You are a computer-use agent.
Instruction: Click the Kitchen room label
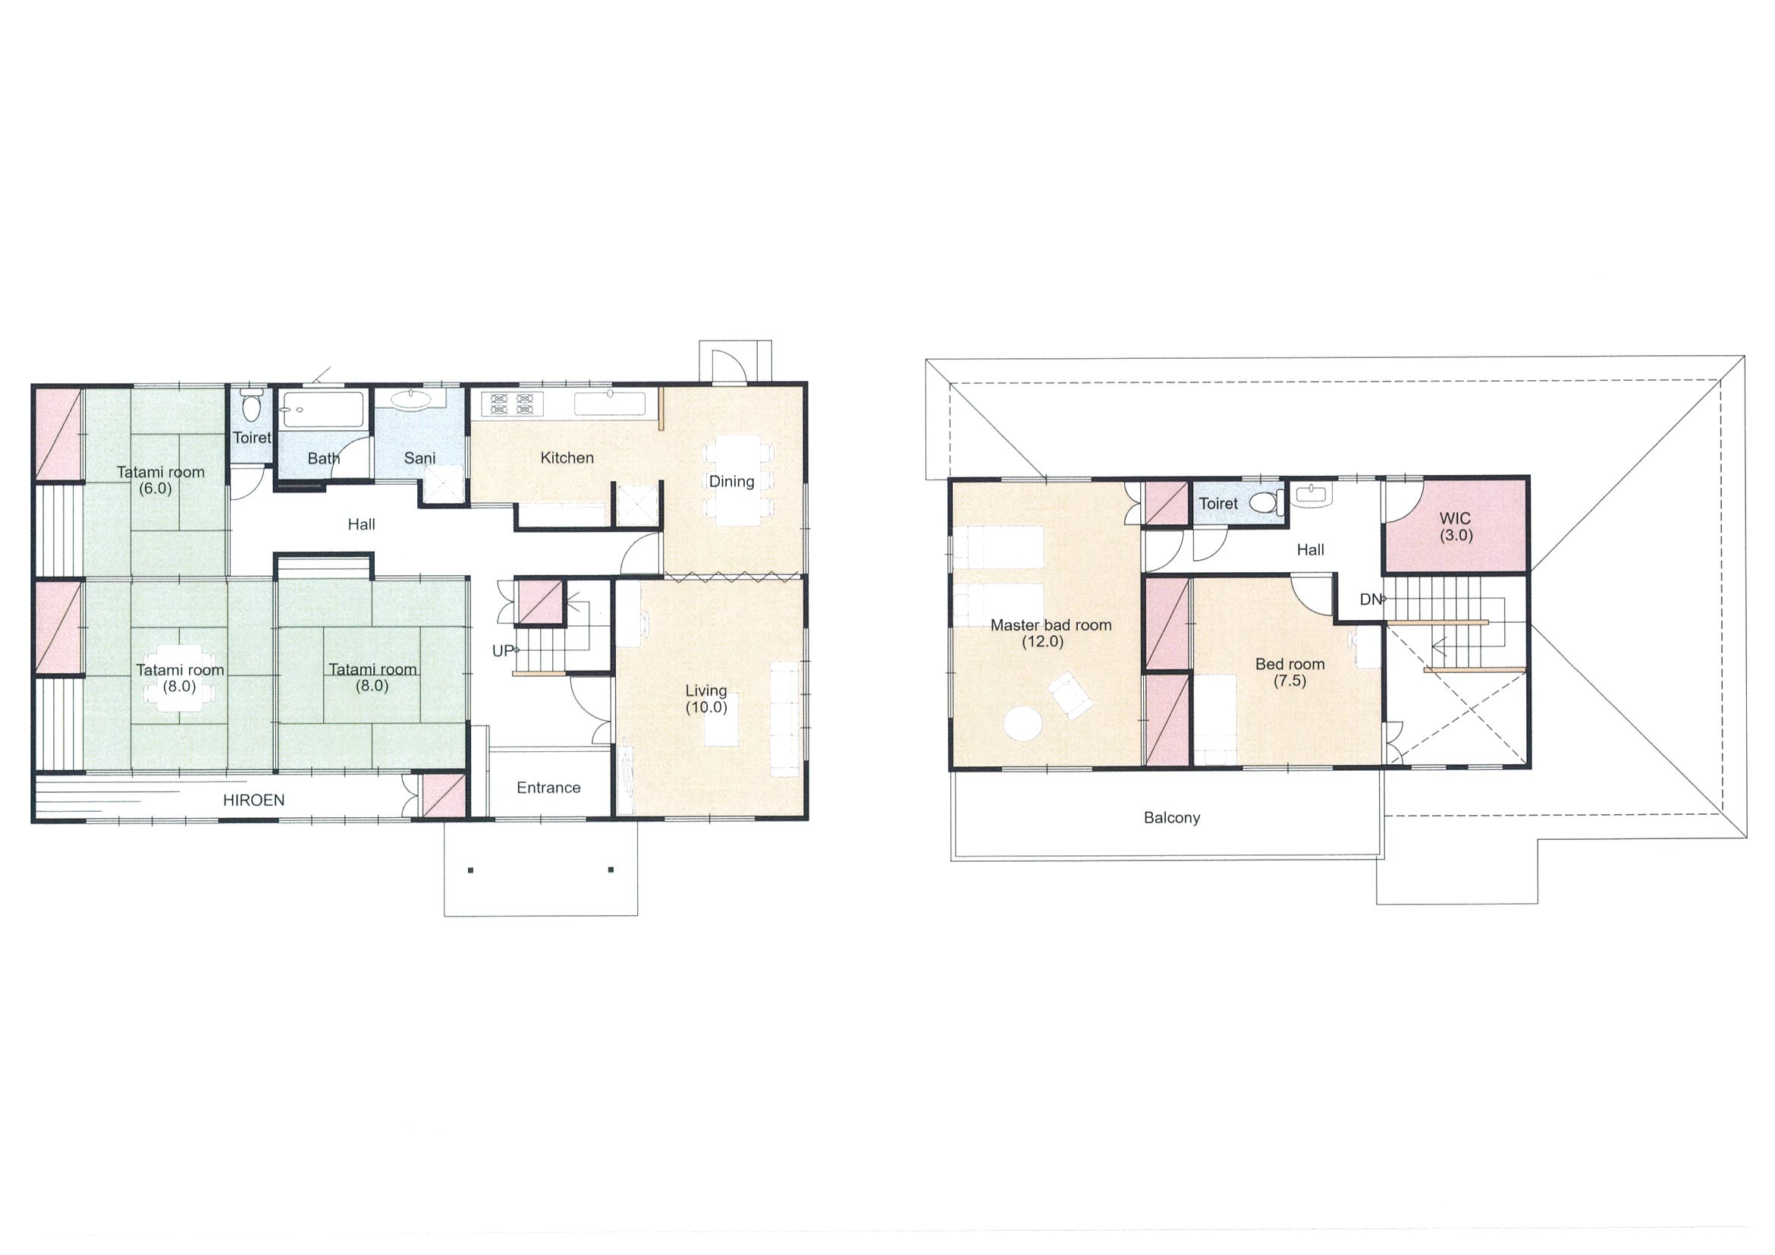[567, 458]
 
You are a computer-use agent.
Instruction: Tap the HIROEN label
[253, 800]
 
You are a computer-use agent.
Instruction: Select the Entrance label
[548, 787]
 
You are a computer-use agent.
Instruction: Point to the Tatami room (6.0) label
[160, 480]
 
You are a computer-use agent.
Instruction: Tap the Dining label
[731, 482]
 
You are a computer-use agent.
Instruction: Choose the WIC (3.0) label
[1455, 527]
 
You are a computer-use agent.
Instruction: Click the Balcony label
[1171, 817]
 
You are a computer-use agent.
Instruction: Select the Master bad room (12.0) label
[1051, 634]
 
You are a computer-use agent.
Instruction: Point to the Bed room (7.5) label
[1290, 672]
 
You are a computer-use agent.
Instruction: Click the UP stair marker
[502, 651]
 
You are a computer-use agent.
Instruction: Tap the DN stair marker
[1370, 599]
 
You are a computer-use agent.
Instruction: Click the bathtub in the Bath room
[322, 409]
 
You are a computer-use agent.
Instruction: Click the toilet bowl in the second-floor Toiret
[1263, 501]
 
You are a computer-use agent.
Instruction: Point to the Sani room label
[419, 458]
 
